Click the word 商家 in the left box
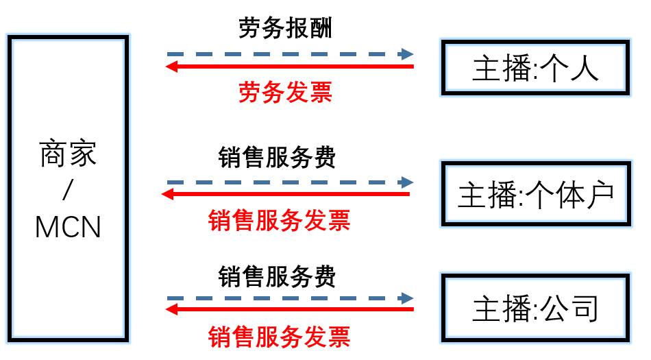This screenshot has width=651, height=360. click(69, 154)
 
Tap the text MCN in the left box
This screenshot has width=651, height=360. click(69, 227)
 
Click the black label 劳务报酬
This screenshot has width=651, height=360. click(285, 28)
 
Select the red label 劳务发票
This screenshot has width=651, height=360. click(285, 92)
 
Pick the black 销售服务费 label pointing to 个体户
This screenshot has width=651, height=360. click(278, 158)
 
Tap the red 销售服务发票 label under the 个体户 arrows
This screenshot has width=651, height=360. click(279, 221)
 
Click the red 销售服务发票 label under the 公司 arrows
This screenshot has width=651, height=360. click(279, 337)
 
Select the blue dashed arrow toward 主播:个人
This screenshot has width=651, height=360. click(290, 53)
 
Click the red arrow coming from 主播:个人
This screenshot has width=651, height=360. click(290, 67)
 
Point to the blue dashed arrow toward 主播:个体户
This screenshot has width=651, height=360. click(290, 182)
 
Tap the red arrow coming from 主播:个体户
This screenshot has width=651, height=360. click(286, 194)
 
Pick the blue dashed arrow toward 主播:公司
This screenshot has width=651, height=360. click(290, 298)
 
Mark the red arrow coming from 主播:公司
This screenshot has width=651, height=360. click(290, 310)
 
